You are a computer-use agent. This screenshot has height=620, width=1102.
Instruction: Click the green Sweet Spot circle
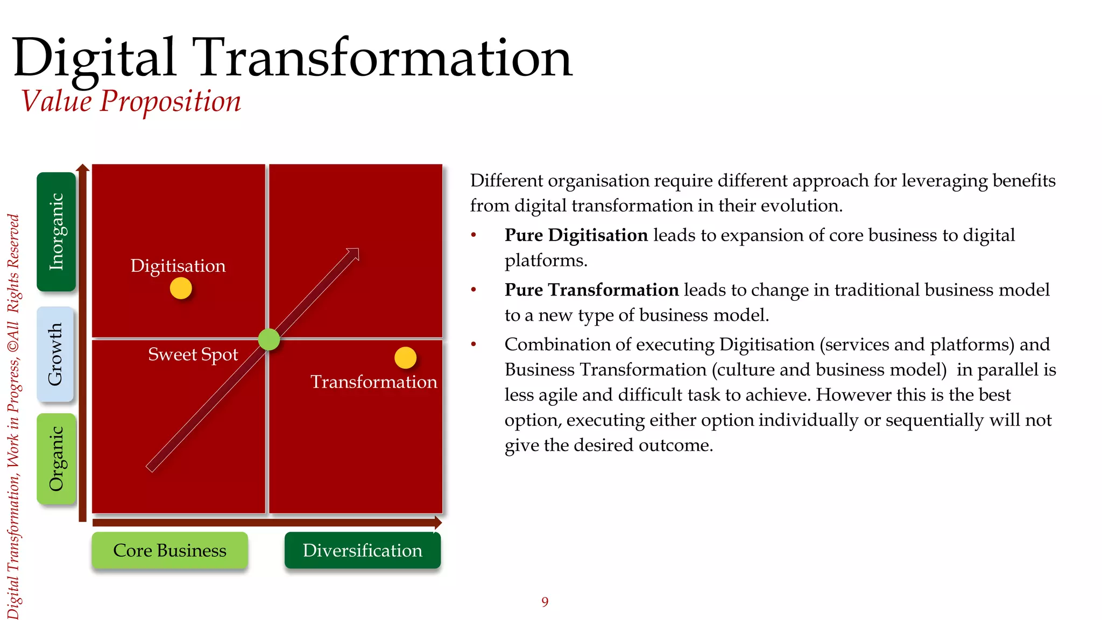pyautogui.click(x=269, y=339)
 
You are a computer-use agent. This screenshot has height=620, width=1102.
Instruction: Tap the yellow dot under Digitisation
pyautogui.click(x=181, y=288)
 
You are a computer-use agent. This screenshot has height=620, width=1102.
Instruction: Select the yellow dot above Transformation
pyautogui.click(x=405, y=358)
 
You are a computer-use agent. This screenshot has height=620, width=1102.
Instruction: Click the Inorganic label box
pyautogui.click(x=56, y=231)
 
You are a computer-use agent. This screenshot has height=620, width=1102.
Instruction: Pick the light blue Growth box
pyautogui.click(x=55, y=354)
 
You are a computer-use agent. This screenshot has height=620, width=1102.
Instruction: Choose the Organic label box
pyautogui.click(x=56, y=459)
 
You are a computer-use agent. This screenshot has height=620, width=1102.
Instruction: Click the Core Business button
pyautogui.click(x=169, y=550)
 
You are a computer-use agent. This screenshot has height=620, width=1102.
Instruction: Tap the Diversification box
pyautogui.click(x=362, y=550)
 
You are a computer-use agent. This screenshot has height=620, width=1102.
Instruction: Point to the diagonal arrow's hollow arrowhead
pyautogui.click(x=353, y=254)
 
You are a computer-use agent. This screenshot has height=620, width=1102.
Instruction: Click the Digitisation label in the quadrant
pyautogui.click(x=178, y=266)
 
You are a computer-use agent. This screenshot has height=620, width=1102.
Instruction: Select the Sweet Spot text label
pyautogui.click(x=193, y=355)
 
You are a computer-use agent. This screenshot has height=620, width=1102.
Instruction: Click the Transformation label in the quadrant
pyautogui.click(x=373, y=382)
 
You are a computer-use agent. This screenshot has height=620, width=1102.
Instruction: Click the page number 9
pyautogui.click(x=545, y=602)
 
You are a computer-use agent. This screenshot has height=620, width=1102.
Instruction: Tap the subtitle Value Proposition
pyautogui.click(x=131, y=101)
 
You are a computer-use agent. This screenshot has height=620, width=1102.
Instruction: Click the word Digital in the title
pyautogui.click(x=94, y=58)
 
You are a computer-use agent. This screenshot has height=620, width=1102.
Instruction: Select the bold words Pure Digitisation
pyautogui.click(x=576, y=235)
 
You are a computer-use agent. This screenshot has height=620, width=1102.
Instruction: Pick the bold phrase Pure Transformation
pyautogui.click(x=591, y=290)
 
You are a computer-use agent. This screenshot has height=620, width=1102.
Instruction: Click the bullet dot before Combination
pyautogui.click(x=474, y=344)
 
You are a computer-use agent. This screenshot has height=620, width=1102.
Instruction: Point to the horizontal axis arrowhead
pyautogui.click(x=438, y=523)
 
